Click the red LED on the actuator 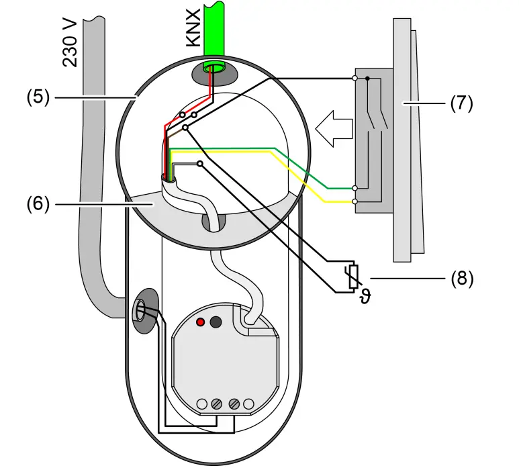click(x=200, y=322)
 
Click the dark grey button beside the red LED click(x=216, y=322)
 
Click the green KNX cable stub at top click(x=215, y=27)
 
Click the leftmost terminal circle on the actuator click(x=201, y=404)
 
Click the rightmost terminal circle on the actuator click(x=250, y=404)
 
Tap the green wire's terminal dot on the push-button click(x=355, y=189)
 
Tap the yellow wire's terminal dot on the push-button click(x=355, y=201)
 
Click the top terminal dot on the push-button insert click(x=355, y=79)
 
